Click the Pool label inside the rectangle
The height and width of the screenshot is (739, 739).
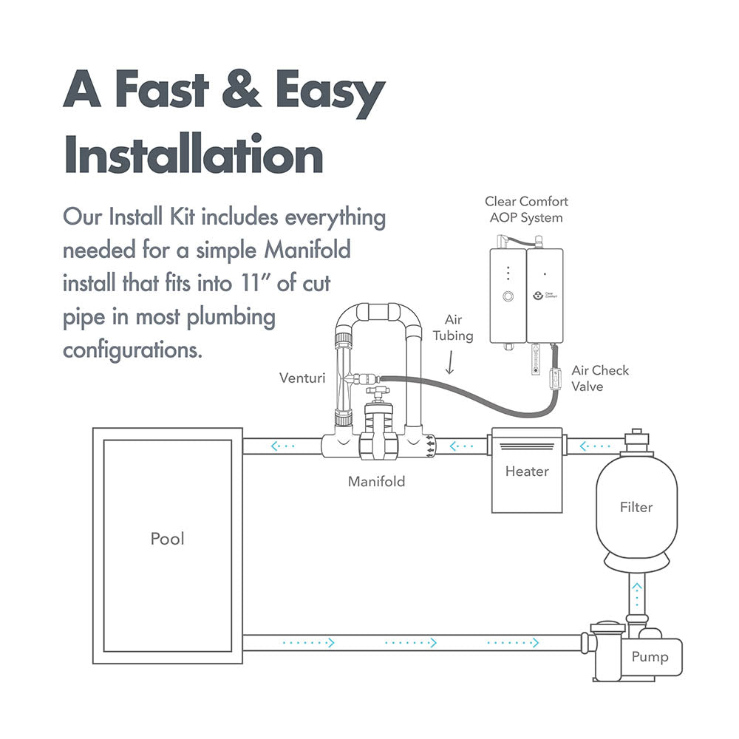coord(167,539)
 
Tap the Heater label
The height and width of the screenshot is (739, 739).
coord(527,471)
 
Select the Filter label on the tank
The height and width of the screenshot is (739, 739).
coord(636,507)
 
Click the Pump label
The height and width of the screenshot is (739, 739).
coord(650,657)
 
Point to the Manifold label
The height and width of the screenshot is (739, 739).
coord(376,482)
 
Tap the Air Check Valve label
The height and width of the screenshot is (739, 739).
coord(600,378)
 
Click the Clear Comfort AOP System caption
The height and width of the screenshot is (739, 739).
coord(526,209)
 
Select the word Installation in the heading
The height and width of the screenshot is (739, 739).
coord(193,157)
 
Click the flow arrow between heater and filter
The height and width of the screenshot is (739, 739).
coord(595,446)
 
